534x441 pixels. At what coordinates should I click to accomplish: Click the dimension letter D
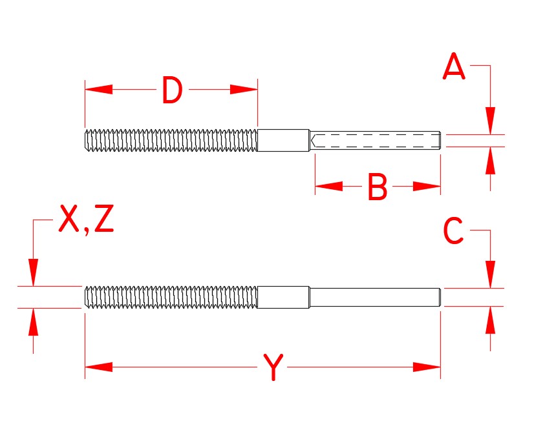pos(172,90)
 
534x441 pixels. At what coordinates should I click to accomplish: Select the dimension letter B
pos(377,188)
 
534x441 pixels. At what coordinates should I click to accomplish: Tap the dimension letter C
pos(453,231)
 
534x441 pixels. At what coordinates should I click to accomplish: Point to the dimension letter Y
pos(274,367)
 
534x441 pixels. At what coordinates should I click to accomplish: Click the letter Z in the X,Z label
pos(103,220)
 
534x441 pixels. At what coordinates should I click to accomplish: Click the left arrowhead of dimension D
pos(98,90)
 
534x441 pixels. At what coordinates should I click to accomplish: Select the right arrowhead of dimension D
pos(244,90)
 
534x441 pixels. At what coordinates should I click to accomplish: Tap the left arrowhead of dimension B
pos(328,187)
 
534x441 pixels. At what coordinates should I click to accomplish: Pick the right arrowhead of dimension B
pos(427,187)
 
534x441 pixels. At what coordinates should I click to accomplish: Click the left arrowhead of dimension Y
pos(98,367)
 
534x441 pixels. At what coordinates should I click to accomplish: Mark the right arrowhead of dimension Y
pos(427,367)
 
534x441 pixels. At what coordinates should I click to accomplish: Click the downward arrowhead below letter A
pos(491,121)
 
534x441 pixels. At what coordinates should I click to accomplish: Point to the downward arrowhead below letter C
pos(491,274)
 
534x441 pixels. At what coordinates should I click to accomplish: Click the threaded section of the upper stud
pos(171,140)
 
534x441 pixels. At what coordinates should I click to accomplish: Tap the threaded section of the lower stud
pos(171,297)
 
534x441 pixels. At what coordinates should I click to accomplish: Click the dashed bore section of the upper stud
pos(375,140)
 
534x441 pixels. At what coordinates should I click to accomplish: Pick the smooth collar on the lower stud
pos(283,297)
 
